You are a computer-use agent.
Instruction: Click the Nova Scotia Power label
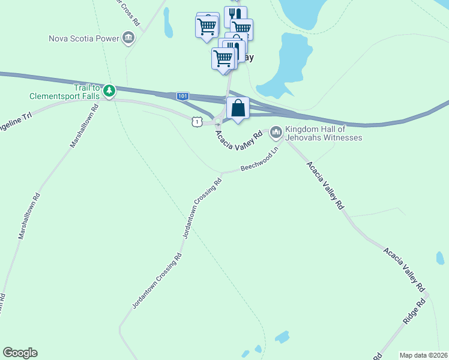point(84,39)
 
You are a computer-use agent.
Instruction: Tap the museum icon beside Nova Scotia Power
point(128,39)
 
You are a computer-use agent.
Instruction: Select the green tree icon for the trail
point(109,91)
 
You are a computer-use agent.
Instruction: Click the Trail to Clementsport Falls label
point(65,91)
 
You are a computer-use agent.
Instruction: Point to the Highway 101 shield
point(183,97)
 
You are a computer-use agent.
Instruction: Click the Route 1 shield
point(196,122)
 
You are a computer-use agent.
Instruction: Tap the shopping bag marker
point(238,109)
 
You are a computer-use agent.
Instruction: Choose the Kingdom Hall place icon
point(276,131)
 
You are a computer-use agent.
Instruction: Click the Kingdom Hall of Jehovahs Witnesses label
point(324,133)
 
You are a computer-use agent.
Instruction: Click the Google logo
point(20,353)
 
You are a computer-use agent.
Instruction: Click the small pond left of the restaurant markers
point(167,22)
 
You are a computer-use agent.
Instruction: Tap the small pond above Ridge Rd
point(440,258)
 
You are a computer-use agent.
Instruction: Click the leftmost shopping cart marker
point(206,26)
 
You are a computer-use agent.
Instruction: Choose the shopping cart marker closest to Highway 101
point(222,59)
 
